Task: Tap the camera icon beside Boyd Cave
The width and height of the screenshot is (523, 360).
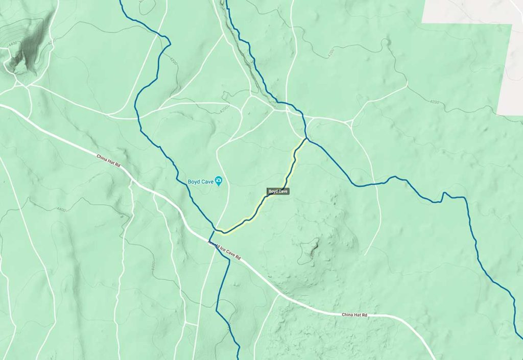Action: [219, 180]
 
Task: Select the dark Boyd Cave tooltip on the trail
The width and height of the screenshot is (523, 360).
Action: [278, 191]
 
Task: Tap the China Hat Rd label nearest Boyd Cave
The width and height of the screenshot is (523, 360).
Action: [109, 161]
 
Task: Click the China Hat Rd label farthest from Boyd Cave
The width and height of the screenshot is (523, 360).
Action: [354, 315]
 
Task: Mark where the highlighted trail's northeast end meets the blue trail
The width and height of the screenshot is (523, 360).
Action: [306, 138]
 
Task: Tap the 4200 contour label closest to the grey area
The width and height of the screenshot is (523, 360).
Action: [434, 102]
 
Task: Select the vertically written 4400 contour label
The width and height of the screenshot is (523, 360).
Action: [153, 267]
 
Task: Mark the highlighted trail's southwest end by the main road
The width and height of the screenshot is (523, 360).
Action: [221, 232]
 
